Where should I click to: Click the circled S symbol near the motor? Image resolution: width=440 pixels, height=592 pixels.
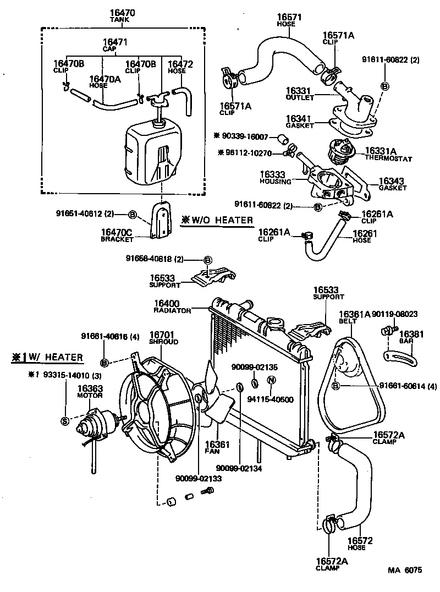tap(64, 421)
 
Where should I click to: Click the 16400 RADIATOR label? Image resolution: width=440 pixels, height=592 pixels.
tap(172, 306)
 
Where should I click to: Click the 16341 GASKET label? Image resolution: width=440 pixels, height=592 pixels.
tap(300, 121)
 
